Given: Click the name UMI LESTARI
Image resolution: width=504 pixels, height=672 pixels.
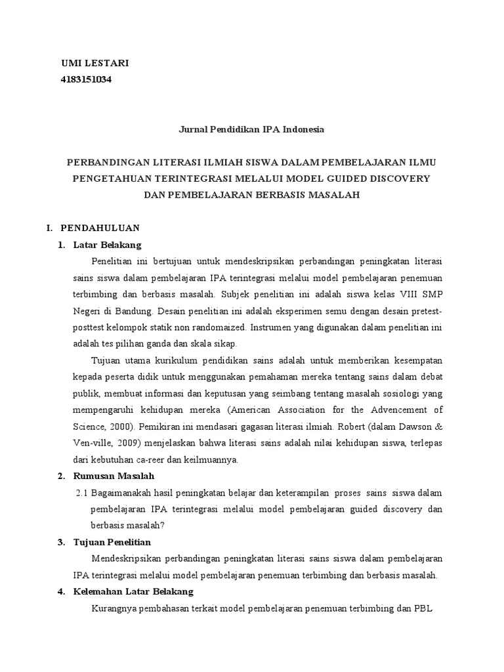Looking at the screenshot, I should (94, 63).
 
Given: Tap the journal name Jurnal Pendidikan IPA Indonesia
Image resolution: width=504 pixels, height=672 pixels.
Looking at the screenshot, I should (252, 129).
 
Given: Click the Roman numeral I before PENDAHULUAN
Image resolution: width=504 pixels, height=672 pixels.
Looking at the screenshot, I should (48, 228).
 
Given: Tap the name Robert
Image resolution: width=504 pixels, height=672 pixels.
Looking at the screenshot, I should (337, 426).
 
